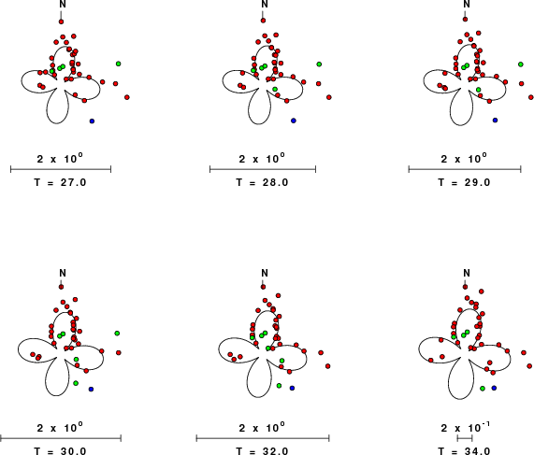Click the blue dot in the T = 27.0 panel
click(92, 121)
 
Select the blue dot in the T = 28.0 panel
click(294, 121)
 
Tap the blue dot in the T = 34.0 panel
click(494, 388)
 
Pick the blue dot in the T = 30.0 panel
click(91, 389)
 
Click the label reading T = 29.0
click(464, 182)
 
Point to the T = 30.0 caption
click(60, 451)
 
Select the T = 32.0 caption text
click(262, 451)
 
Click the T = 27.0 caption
click(60, 182)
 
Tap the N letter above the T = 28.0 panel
click(265, 4)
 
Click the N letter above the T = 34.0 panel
click(467, 273)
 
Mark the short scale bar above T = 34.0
click(465, 438)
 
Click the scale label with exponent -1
click(465, 428)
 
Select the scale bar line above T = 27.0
click(61, 169)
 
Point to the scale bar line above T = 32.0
click(263, 438)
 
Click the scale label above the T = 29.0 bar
click(464, 159)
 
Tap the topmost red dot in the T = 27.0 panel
click(62, 21)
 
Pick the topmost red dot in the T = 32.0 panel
click(263, 287)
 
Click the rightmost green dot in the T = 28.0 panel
click(319, 64)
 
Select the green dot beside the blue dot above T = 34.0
click(483, 389)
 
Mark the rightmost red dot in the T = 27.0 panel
click(127, 97)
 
